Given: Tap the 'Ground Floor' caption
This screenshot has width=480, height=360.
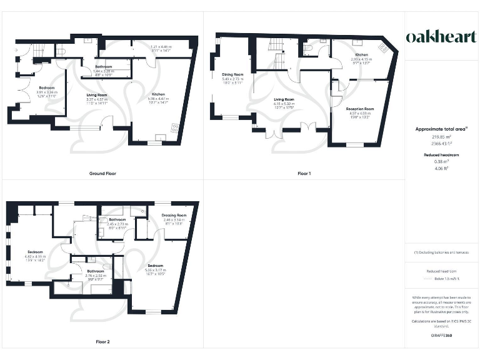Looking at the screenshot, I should [x=102, y=173].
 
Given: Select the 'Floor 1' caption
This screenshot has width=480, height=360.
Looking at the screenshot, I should [x=304, y=173].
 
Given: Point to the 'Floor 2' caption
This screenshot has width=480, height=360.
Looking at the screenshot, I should [x=102, y=342].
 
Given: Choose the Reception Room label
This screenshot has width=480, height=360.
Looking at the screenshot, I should [x=359, y=109].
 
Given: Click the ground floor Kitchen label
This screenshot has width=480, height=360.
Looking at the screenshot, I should [x=158, y=94].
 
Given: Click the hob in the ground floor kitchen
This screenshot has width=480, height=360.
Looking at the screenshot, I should [x=174, y=129].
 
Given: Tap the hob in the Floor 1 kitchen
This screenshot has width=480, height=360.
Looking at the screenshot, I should [x=384, y=47].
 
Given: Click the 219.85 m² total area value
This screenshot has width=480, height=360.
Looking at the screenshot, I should [x=441, y=136].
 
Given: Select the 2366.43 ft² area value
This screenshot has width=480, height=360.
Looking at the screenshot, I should [x=441, y=143].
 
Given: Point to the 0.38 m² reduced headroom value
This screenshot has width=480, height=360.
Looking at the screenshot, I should [x=441, y=161].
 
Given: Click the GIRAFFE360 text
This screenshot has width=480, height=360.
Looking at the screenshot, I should [x=441, y=336].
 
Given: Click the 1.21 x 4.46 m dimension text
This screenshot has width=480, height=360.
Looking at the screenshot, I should [x=161, y=47].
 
